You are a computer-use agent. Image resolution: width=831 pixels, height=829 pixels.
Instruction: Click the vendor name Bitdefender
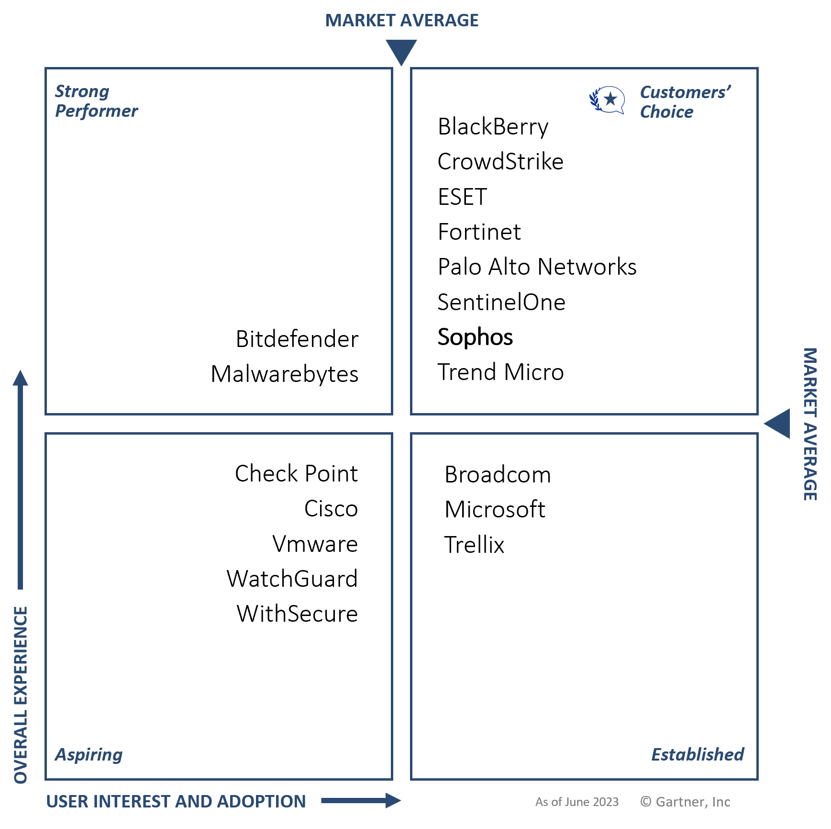tap(297, 339)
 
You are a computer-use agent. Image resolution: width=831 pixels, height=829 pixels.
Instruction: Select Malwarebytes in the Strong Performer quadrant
tap(284, 374)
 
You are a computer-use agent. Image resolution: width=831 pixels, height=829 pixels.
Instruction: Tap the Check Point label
tap(296, 474)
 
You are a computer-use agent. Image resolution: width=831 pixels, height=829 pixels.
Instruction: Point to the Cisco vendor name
tap(331, 509)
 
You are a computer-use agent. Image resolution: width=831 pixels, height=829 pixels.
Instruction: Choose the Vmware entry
tap(315, 544)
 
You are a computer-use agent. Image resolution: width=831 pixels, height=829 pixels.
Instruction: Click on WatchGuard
tap(292, 579)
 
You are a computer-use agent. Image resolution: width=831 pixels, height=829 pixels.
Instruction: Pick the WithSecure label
tap(297, 614)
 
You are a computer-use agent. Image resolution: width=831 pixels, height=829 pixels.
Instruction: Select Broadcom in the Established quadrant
tap(498, 475)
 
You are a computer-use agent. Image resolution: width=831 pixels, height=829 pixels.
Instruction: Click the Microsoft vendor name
tap(495, 510)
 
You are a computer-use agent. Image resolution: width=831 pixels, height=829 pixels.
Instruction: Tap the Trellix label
tap(474, 545)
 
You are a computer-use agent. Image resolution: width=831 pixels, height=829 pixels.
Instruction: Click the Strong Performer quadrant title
tap(96, 101)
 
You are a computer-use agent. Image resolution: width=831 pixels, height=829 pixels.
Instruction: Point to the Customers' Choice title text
tap(685, 102)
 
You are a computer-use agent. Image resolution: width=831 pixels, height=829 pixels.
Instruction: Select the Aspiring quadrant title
tap(89, 755)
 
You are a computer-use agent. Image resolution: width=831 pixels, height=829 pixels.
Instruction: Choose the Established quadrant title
tap(698, 755)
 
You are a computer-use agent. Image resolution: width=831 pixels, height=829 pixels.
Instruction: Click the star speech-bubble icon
tap(608, 100)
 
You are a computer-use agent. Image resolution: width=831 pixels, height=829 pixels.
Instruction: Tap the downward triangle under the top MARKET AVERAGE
tap(401, 51)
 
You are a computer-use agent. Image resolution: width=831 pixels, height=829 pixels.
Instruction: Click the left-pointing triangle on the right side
tap(779, 423)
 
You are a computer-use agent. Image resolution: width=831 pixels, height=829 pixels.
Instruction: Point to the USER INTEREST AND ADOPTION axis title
tap(176, 802)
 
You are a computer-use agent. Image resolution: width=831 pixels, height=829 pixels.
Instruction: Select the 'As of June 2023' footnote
tap(577, 802)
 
